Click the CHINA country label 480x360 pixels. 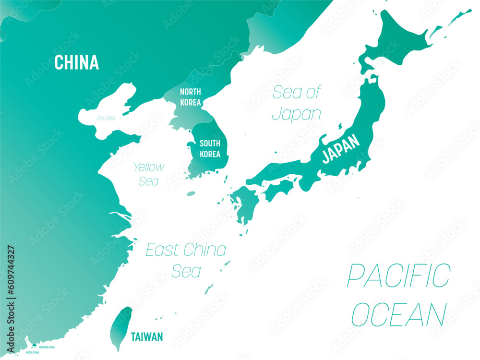76,62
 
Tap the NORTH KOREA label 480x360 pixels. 191,97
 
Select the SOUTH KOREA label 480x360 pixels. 210,149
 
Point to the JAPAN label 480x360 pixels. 340,148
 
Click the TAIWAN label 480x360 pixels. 147,337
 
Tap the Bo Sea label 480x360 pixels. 106,118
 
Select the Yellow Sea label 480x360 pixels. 149,174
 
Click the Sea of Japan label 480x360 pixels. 297,103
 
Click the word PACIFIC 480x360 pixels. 398,275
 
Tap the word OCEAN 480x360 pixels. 398,314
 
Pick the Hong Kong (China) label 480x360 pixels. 47,347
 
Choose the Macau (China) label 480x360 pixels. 30,353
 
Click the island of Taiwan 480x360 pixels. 120,326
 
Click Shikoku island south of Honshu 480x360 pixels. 278,190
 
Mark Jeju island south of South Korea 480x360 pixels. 191,194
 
